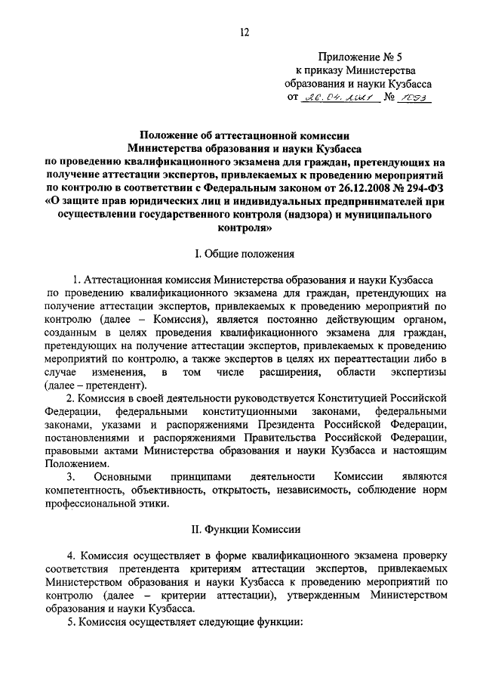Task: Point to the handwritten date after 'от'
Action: [x=331, y=97]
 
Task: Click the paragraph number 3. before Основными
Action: [x=71, y=477]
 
